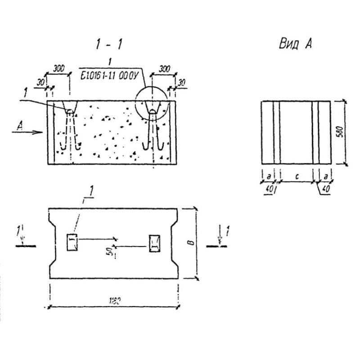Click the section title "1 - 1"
[109, 44]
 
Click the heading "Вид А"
[296, 44]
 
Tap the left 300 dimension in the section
[58, 68]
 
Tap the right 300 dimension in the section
[164, 68]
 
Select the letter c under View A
[297, 177]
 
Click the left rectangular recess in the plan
[72, 243]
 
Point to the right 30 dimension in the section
[181, 83]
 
